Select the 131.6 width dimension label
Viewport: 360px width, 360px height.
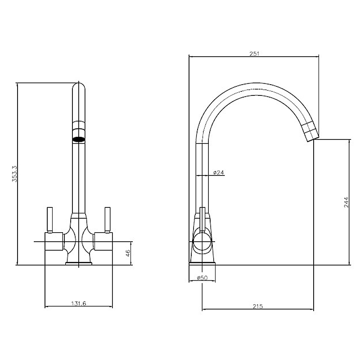pyautogui.click(x=78, y=303)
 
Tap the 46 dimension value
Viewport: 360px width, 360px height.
pyautogui.click(x=128, y=253)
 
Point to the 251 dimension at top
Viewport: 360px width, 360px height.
pyautogui.click(x=254, y=54)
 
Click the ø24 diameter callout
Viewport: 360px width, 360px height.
pyautogui.click(x=218, y=172)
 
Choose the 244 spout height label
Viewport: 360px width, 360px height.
pyautogui.click(x=346, y=202)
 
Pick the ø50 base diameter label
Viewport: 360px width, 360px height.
pyautogui.click(x=202, y=278)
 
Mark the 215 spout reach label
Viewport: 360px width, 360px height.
pyautogui.click(x=257, y=306)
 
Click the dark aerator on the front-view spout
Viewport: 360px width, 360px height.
pyautogui.click(x=78, y=139)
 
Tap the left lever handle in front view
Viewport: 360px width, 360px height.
pyautogui.click(x=49, y=220)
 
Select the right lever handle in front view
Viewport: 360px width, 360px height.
pyautogui.click(x=108, y=220)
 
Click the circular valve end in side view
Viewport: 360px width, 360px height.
pyautogui.click(x=202, y=242)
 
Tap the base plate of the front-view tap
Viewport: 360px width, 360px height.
pyautogui.click(x=78, y=264)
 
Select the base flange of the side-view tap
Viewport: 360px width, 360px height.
pyautogui.click(x=202, y=264)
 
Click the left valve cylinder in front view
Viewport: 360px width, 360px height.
pyautogui.click(x=54, y=242)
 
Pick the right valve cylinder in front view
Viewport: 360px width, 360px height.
pyautogui.click(x=103, y=242)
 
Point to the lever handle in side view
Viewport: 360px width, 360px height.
pyautogui.click(x=202, y=219)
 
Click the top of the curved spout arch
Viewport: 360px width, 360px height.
pyautogui.click(x=252, y=83)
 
